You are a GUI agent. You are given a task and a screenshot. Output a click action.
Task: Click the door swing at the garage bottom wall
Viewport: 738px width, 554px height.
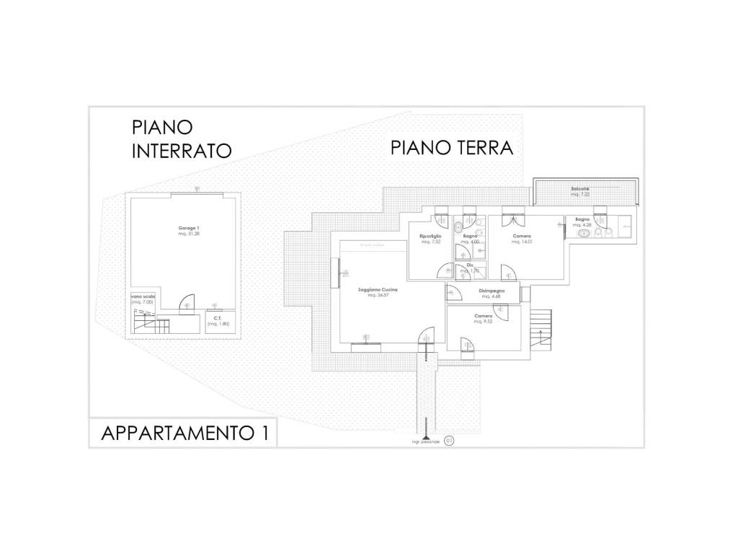pyautogui.click(x=186, y=304)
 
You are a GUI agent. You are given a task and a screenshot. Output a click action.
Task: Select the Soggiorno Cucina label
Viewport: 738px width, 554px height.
pyautogui.click(x=378, y=289)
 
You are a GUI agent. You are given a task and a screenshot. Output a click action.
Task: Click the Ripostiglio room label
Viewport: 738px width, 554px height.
pyautogui.click(x=431, y=236)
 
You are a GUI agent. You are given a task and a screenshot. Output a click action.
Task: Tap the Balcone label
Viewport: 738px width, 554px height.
pyautogui.click(x=580, y=189)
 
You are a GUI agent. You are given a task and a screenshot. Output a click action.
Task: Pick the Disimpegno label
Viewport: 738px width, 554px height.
pyautogui.click(x=490, y=291)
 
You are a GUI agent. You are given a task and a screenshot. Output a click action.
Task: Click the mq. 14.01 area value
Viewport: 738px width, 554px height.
pyautogui.click(x=521, y=242)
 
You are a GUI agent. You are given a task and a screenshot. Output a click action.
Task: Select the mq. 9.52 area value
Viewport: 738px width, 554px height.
pyautogui.click(x=483, y=321)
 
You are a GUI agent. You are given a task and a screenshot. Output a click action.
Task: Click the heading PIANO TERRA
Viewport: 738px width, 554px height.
pyautogui.click(x=452, y=148)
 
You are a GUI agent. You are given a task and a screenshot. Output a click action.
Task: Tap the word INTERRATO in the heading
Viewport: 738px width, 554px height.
pyautogui.click(x=181, y=151)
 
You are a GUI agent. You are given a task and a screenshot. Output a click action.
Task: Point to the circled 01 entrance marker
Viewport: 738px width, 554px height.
pyautogui.click(x=450, y=439)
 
